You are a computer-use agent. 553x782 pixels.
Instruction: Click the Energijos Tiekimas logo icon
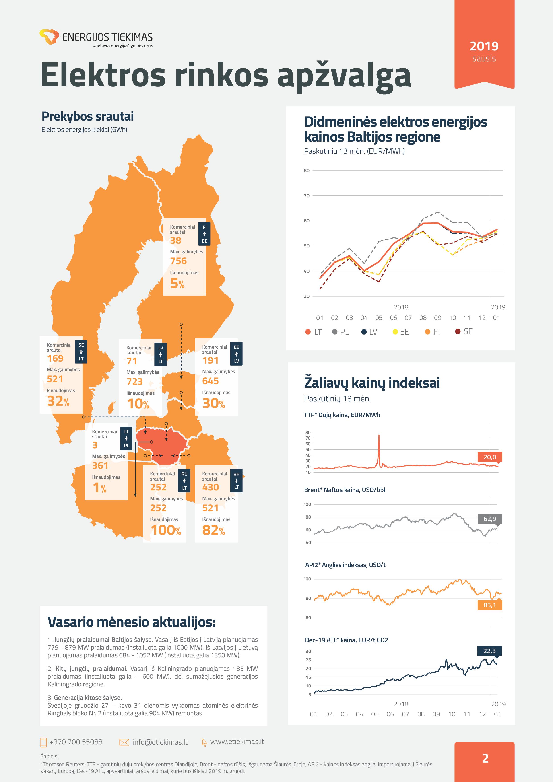coord(49,36)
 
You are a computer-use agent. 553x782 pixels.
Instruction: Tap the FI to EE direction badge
coord(204,234)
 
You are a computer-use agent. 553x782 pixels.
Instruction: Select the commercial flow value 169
coord(55,358)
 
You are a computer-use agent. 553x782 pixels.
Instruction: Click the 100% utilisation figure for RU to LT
coord(166,530)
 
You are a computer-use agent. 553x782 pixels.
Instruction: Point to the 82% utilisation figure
coord(213,530)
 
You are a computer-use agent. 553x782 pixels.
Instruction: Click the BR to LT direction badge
coord(236,481)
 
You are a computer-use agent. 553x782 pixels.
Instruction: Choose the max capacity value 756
coord(179,261)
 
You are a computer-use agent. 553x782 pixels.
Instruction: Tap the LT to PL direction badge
coord(126,438)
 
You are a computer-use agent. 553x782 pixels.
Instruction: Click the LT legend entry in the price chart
coord(314,332)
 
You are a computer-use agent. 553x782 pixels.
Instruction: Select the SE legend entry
coord(464,331)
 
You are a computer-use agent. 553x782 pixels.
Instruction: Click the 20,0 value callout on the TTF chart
coord(490,457)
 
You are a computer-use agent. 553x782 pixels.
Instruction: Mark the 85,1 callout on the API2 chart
coord(490,605)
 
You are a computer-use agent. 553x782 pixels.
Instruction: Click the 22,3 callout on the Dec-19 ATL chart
coord(490,651)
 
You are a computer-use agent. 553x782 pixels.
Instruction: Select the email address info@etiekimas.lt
coord(160,742)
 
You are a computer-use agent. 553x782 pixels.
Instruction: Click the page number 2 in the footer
coord(485,758)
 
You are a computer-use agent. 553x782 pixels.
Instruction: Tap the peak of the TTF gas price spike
coord(379,435)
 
